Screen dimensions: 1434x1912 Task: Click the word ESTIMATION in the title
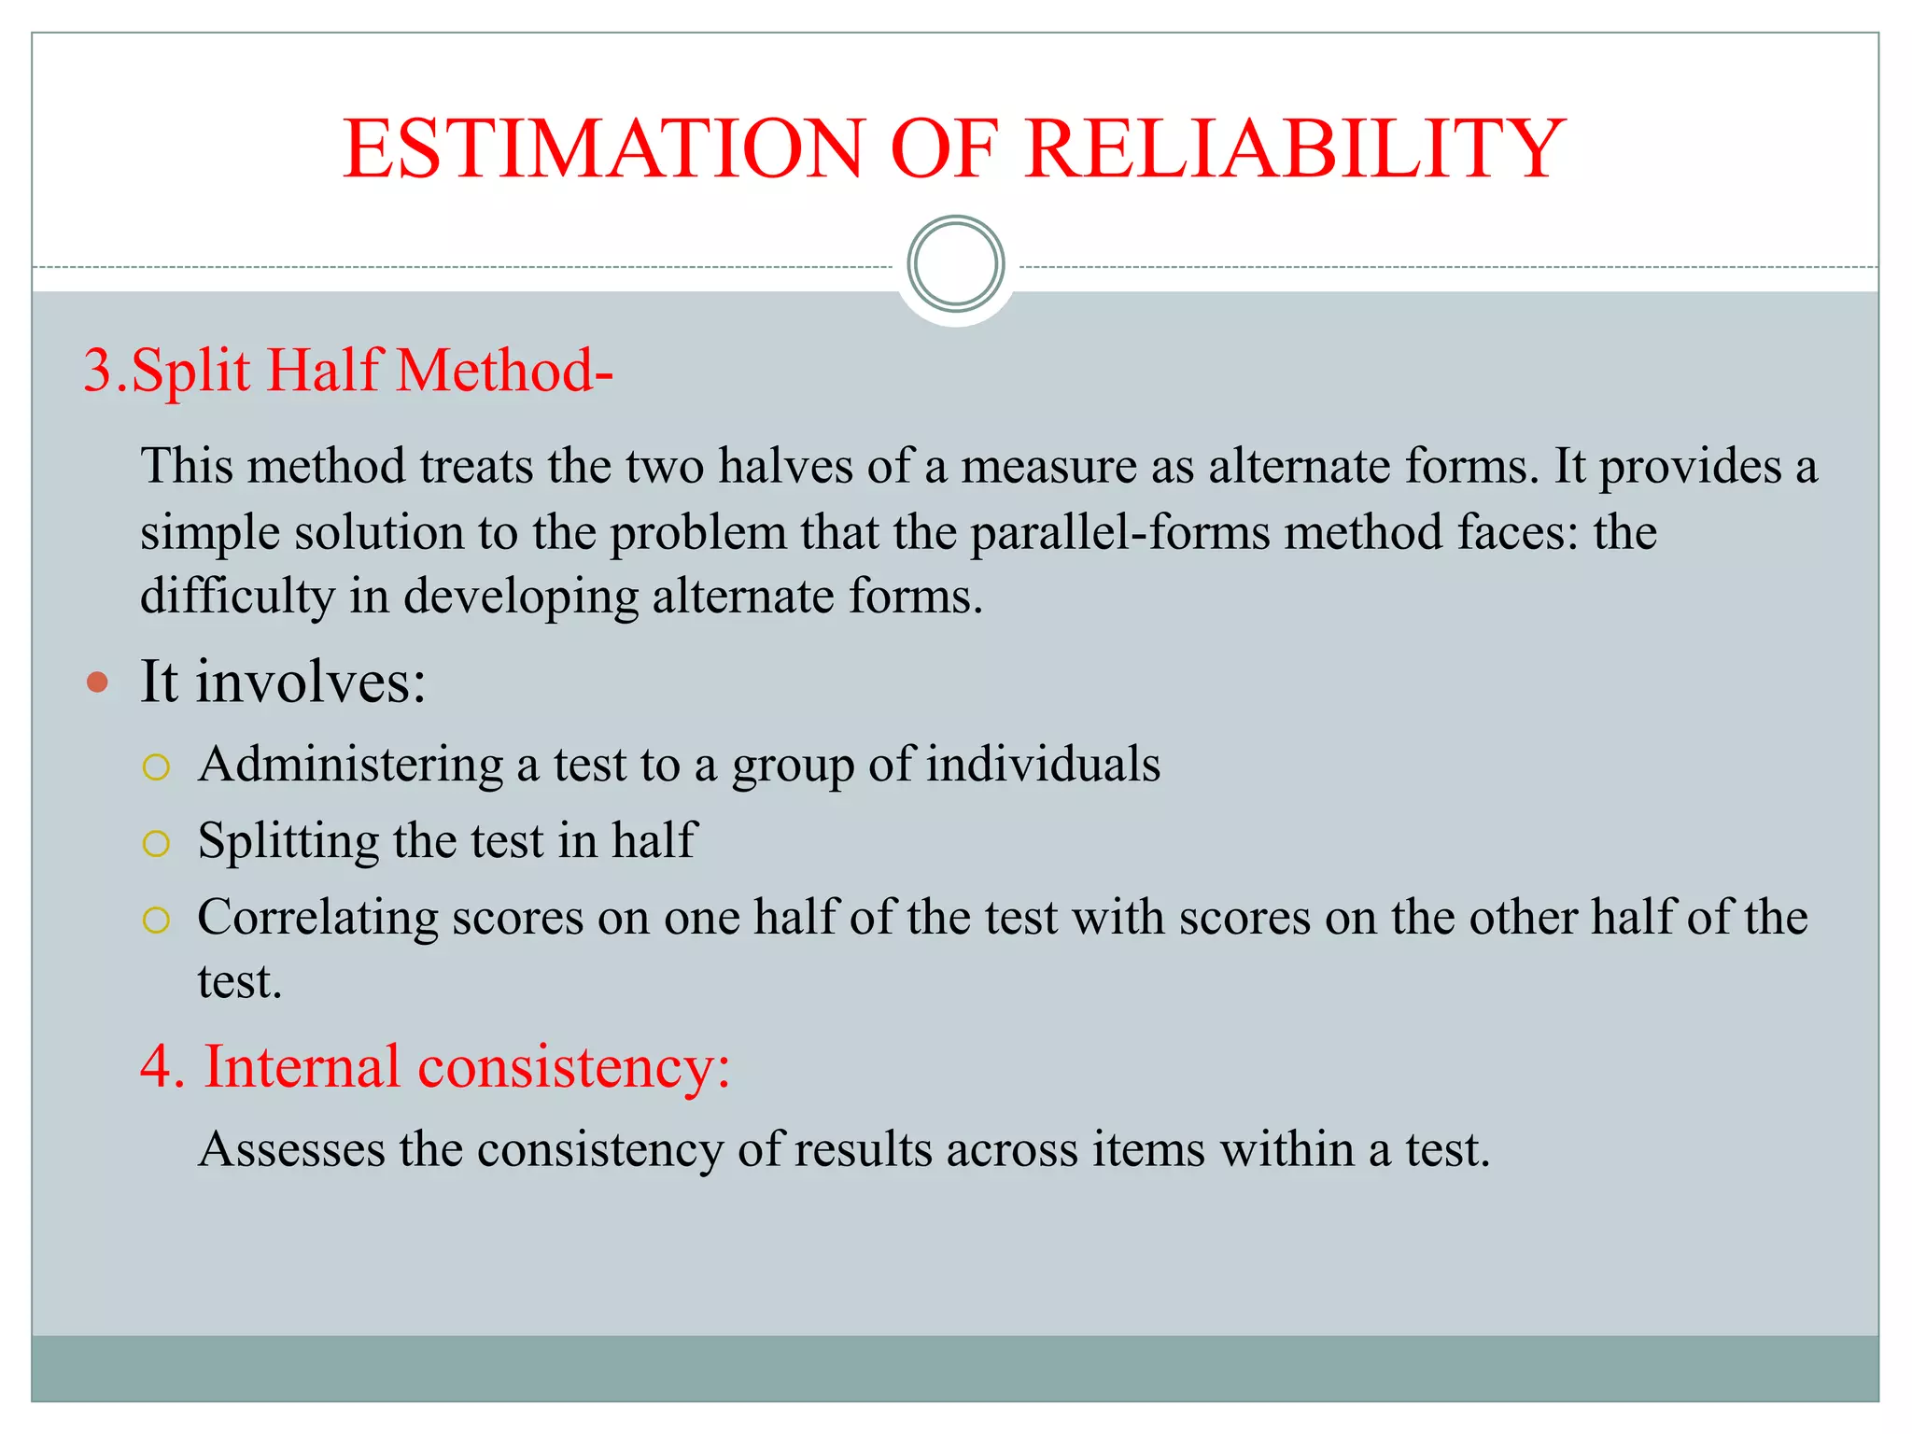click(x=603, y=149)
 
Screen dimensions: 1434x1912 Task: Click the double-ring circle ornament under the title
click(x=955, y=264)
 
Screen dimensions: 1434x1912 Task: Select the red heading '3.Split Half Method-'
click(x=348, y=371)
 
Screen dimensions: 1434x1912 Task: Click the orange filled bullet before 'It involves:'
click(x=97, y=682)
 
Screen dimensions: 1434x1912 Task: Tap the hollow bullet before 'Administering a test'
click(x=156, y=767)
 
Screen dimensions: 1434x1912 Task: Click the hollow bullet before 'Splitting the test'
click(x=156, y=844)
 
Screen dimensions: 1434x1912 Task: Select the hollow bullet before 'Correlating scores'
click(x=156, y=921)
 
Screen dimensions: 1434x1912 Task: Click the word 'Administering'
click(x=350, y=766)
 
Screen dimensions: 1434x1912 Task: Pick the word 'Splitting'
click(x=288, y=841)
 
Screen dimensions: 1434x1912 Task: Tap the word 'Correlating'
click(x=317, y=918)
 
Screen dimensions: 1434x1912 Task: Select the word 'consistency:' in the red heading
click(x=573, y=1067)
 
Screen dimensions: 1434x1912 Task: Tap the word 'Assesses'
click(x=291, y=1149)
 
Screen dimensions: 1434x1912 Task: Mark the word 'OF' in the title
click(x=944, y=149)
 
